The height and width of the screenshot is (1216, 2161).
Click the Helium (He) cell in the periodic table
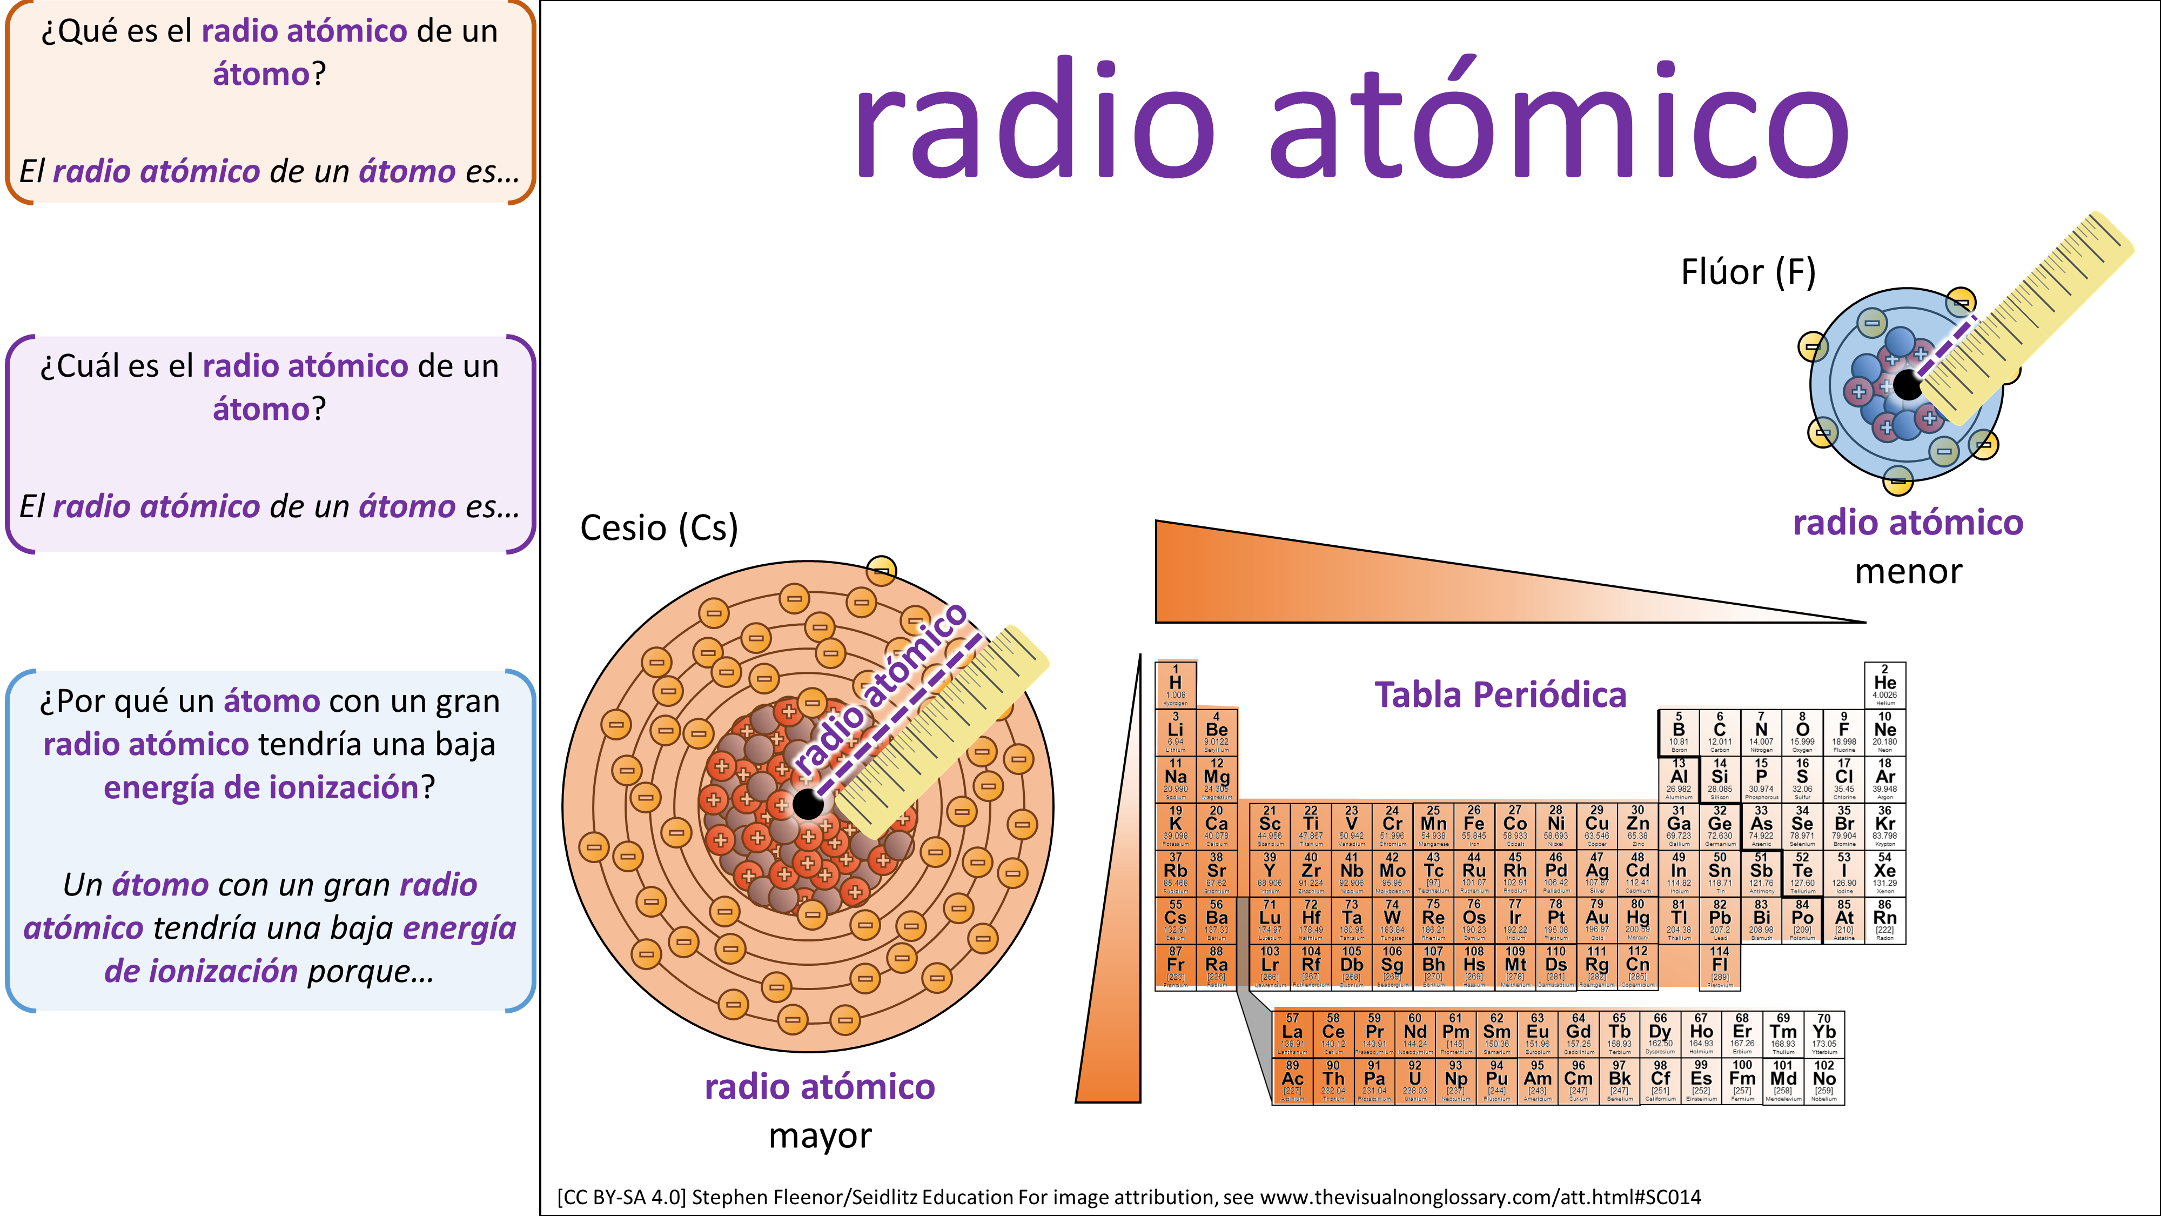tap(1884, 685)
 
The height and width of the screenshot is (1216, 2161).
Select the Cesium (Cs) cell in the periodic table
tap(1175, 920)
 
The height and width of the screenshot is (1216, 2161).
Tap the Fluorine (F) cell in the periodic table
tap(1844, 732)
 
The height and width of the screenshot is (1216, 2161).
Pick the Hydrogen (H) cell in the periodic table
tap(1175, 685)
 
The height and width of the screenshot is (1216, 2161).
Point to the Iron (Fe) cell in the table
tap(1474, 826)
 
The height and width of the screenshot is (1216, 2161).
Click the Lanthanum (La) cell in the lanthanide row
tap(1293, 1034)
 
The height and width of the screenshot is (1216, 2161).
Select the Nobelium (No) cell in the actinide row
tap(1824, 1081)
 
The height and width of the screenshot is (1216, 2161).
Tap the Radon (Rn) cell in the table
tap(1884, 920)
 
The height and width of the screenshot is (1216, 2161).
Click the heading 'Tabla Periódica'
tap(1500, 695)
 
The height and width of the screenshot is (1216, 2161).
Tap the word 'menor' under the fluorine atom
tap(1909, 571)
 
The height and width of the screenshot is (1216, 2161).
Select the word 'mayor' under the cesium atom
tap(820, 1136)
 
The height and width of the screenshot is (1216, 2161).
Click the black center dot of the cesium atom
tap(808, 804)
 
